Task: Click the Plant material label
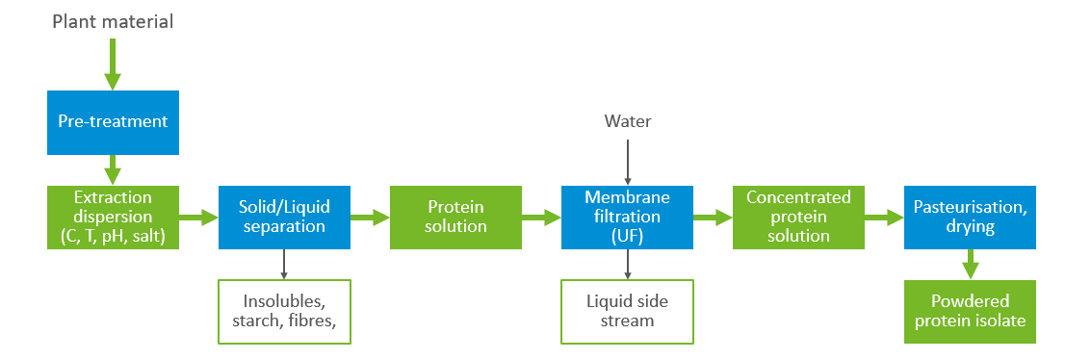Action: click(x=113, y=20)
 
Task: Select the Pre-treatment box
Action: click(x=113, y=122)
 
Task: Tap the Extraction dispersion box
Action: click(x=113, y=218)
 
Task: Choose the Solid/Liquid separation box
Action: click(x=284, y=218)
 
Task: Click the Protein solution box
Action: click(x=455, y=218)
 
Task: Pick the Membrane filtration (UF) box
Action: click(x=627, y=218)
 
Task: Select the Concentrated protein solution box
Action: click(x=798, y=218)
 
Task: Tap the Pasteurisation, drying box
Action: click(x=970, y=218)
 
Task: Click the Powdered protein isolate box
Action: click(x=970, y=312)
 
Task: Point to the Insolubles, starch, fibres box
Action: click(x=284, y=312)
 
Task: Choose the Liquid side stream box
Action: click(x=627, y=312)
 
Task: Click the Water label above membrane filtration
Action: click(x=627, y=121)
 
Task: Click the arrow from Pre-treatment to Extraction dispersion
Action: click(x=113, y=170)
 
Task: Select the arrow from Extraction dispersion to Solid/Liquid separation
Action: click(x=199, y=219)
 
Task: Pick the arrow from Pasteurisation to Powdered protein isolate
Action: click(x=970, y=265)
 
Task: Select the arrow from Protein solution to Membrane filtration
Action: click(x=542, y=219)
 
